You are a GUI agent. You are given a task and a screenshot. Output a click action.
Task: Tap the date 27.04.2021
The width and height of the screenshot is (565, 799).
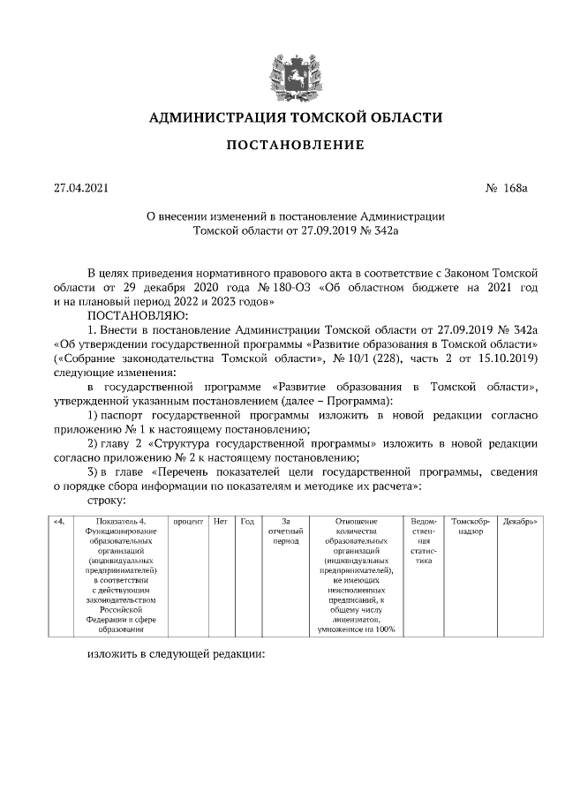tap(81, 188)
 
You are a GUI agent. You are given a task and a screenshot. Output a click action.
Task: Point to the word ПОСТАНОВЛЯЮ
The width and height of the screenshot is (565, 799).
tap(135, 314)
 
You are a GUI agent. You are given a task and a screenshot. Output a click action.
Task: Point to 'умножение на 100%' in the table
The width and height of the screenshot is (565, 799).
tap(357, 629)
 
